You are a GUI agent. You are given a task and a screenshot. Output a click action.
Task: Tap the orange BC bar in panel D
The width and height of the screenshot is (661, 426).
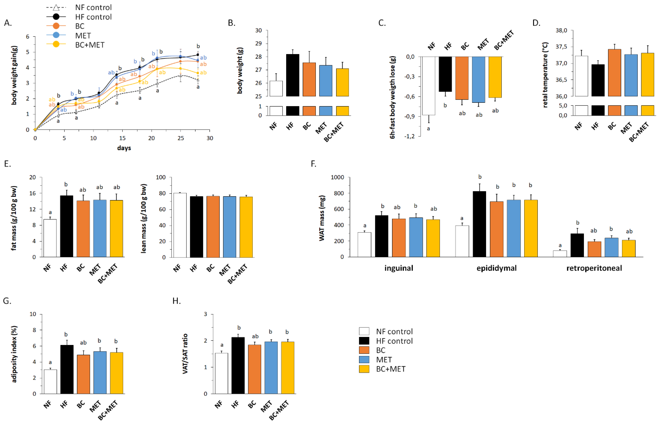click(614, 73)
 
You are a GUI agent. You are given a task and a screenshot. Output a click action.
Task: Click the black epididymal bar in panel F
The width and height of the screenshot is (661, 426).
click(479, 224)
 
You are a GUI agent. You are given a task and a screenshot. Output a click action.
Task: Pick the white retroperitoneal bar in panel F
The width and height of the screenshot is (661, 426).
click(560, 254)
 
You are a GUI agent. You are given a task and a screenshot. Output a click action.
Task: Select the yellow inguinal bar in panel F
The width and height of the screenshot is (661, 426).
click(433, 238)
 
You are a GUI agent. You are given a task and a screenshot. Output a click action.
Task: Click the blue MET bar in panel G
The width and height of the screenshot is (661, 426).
click(100, 373)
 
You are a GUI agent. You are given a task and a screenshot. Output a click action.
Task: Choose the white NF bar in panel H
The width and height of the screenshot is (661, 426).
click(221, 373)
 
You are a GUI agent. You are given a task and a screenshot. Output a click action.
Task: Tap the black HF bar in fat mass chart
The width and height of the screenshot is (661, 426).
click(67, 226)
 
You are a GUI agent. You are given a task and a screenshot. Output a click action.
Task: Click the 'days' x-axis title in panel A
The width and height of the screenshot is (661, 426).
click(124, 148)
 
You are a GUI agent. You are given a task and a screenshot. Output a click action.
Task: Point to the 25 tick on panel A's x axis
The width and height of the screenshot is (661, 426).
click(180, 138)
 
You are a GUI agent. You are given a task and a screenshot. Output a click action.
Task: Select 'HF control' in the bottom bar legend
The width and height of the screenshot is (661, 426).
click(394, 341)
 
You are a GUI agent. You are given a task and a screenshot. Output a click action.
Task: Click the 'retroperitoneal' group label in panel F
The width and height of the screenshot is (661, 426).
click(594, 268)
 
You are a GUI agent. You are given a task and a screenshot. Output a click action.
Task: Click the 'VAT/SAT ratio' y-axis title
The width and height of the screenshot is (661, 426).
click(185, 354)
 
